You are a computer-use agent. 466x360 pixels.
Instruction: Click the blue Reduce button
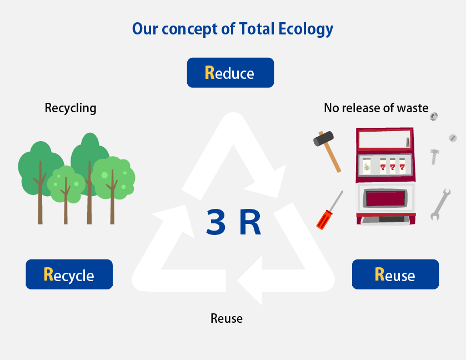point(230,73)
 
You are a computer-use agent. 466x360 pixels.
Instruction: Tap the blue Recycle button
point(69,274)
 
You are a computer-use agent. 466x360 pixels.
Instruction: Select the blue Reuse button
point(395,274)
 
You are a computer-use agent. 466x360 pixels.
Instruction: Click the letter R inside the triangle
point(250,222)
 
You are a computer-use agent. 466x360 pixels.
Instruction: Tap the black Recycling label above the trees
point(71,108)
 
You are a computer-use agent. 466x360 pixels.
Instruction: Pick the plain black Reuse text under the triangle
point(227,318)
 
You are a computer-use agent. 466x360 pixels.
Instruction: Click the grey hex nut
point(434,117)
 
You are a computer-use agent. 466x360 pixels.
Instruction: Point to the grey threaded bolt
point(434,156)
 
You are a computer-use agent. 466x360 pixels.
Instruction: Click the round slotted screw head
point(452,137)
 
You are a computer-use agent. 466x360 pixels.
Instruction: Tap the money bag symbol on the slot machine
point(367,166)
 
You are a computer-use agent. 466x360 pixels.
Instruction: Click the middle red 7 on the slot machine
point(392,166)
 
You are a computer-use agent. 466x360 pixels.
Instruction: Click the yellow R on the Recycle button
point(48,274)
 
